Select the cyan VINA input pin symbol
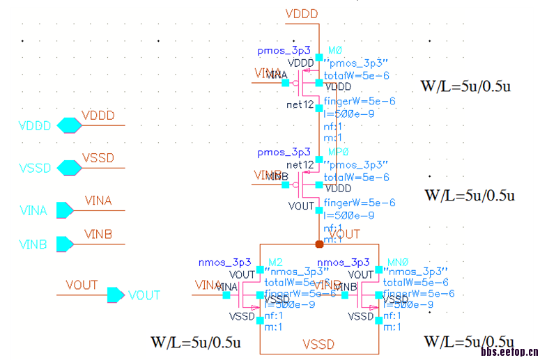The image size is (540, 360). (64, 210)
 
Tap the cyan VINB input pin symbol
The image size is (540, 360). (64, 244)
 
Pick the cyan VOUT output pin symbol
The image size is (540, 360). (115, 295)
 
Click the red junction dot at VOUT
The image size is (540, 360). (319, 244)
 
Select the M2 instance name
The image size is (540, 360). (275, 262)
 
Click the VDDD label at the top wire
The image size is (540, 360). (302, 14)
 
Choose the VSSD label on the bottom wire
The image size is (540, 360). (318, 345)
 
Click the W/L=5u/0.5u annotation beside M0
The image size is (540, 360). (466, 87)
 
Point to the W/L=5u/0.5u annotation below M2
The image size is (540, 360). (196, 343)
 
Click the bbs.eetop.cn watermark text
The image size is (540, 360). (509, 353)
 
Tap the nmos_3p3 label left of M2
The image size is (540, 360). (225, 262)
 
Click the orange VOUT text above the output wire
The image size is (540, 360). (82, 285)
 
